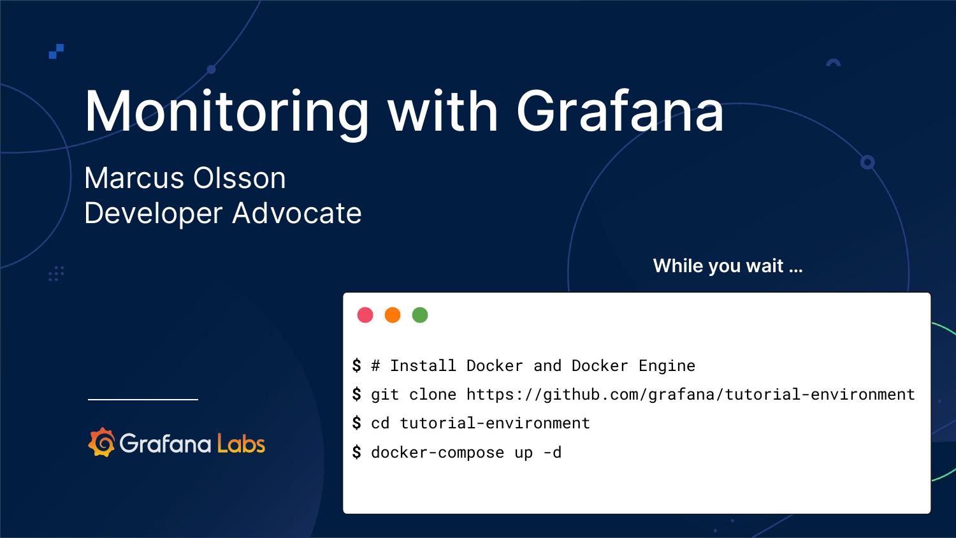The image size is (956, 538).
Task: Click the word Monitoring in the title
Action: pyautogui.click(x=226, y=112)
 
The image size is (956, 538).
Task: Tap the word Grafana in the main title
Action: pyautogui.click(x=619, y=112)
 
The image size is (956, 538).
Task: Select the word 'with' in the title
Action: pyautogui.click(x=442, y=112)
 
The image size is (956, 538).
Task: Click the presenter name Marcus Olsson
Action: pyautogui.click(x=185, y=178)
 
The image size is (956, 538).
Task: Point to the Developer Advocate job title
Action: pyautogui.click(x=222, y=213)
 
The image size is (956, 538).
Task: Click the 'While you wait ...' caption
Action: pyautogui.click(x=727, y=266)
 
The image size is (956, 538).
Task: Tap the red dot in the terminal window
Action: pyautogui.click(x=365, y=315)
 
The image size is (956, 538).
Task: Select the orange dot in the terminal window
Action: pyautogui.click(x=393, y=315)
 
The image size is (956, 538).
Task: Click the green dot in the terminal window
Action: pyautogui.click(x=420, y=315)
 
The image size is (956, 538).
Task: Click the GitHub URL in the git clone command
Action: pyautogui.click(x=690, y=395)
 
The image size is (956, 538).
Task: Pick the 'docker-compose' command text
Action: pyautogui.click(x=437, y=453)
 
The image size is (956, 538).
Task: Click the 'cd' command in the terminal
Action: pyautogui.click(x=380, y=423)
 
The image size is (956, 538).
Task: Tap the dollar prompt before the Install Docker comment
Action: pyautogui.click(x=356, y=365)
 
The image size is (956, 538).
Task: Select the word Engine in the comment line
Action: pyautogui.click(x=667, y=365)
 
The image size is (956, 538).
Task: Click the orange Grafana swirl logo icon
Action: pyautogui.click(x=101, y=442)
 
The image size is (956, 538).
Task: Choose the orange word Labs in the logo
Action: pyautogui.click(x=241, y=443)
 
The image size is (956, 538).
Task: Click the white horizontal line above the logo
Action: pyautogui.click(x=143, y=400)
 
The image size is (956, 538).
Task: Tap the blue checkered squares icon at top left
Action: pyautogui.click(x=57, y=51)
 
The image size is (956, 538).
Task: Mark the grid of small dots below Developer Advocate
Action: pyautogui.click(x=57, y=273)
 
